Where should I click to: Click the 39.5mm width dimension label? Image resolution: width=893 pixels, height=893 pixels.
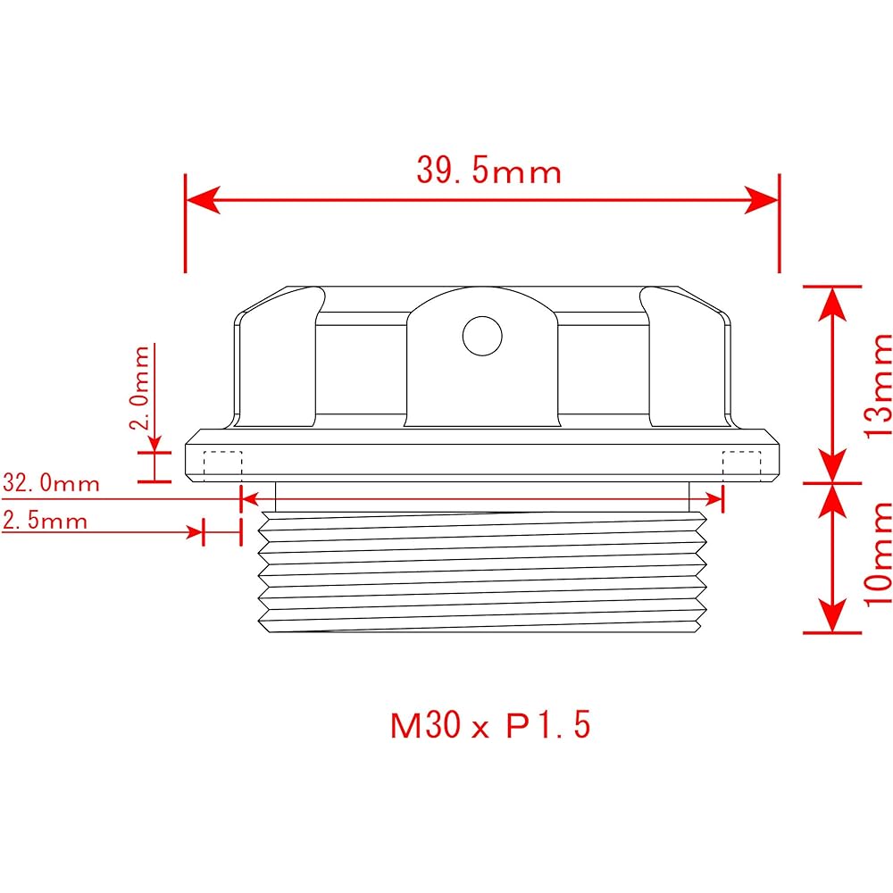(488, 170)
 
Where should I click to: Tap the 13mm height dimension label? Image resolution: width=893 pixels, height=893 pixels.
(878, 384)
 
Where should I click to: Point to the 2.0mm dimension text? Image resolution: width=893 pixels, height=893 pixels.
(140, 388)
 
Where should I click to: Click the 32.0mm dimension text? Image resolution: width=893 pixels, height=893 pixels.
(51, 484)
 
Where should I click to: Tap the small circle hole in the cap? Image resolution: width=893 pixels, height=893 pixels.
(481, 336)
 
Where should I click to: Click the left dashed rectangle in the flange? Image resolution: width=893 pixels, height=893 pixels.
(223, 464)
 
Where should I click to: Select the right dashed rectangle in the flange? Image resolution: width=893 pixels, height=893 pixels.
(740, 464)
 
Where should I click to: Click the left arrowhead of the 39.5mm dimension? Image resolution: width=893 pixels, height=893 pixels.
(202, 200)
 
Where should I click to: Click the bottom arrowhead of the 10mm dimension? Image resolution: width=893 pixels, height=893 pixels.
(832, 616)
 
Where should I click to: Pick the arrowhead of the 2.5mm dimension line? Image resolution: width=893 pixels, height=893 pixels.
(196, 532)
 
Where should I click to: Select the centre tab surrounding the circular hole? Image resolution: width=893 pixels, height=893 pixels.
(481, 357)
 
